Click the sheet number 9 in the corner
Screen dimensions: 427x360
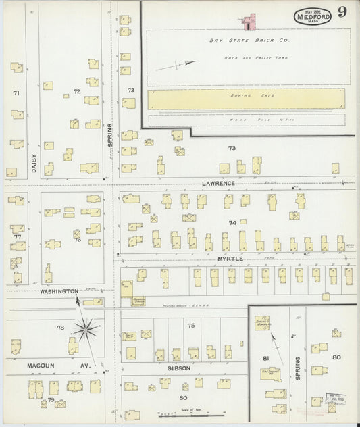pos(343,11)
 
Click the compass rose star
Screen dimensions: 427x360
pos(86,330)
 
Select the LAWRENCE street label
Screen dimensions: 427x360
pos(217,183)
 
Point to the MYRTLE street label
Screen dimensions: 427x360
pos(230,259)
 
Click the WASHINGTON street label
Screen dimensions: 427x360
pos(59,291)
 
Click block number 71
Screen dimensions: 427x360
pos(16,92)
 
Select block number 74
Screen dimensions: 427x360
pos(232,222)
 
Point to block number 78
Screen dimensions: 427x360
pos(60,328)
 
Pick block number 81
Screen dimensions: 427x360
pos(265,357)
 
